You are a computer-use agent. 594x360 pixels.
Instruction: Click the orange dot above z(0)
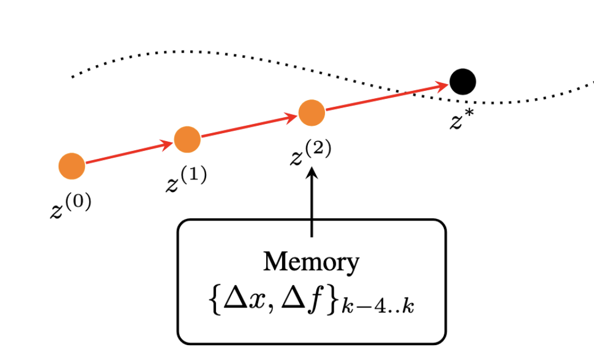coord(72,166)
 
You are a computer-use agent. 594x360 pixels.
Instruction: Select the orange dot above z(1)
coord(187,139)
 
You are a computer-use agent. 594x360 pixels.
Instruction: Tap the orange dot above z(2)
coord(312,113)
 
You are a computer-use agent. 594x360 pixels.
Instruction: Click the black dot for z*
coord(463,81)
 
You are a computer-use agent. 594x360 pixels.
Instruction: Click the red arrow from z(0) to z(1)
coord(129,153)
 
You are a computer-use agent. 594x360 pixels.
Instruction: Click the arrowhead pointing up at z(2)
coord(312,173)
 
